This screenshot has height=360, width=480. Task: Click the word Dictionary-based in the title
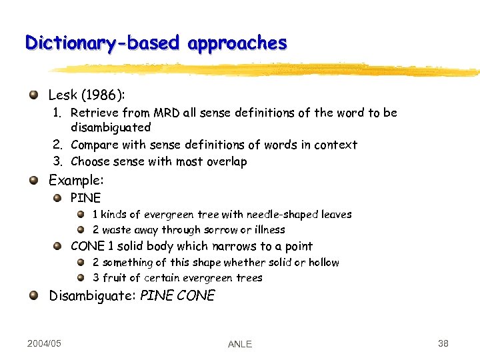102,43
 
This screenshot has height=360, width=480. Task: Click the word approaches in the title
237,44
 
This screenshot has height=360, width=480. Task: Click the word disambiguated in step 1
111,127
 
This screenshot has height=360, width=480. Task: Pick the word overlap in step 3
225,161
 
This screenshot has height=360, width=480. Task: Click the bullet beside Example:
33,179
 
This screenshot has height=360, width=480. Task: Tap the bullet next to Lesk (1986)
33,95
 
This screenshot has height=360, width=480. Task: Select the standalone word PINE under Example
86,197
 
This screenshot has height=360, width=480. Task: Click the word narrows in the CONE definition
241,246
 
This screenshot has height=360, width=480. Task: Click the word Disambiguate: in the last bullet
93,295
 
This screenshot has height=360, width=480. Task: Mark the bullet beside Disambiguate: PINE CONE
33,295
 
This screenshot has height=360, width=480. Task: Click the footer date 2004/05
45,343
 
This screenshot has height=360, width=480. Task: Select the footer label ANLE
240,344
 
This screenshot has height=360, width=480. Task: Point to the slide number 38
443,343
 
